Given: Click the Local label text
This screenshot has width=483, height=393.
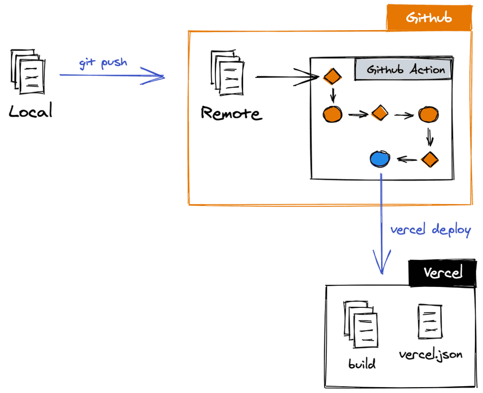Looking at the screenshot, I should point(30,112).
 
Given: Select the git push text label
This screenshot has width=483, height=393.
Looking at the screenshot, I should point(103,63).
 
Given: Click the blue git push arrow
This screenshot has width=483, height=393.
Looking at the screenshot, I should point(112,76).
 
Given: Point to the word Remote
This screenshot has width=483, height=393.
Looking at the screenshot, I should point(231,113).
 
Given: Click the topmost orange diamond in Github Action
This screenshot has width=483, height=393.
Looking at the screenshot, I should point(332,77).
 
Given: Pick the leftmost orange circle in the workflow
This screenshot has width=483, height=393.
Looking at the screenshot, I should point(332,114).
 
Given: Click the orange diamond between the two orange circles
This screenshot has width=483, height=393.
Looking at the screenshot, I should point(379,113).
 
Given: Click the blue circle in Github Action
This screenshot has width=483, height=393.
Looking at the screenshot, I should point(379,159).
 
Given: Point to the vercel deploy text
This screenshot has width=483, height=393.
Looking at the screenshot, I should point(430,230).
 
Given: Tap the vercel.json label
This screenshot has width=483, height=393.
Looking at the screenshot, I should point(430,354).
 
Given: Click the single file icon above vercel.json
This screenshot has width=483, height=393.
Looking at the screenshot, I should point(429,322).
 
